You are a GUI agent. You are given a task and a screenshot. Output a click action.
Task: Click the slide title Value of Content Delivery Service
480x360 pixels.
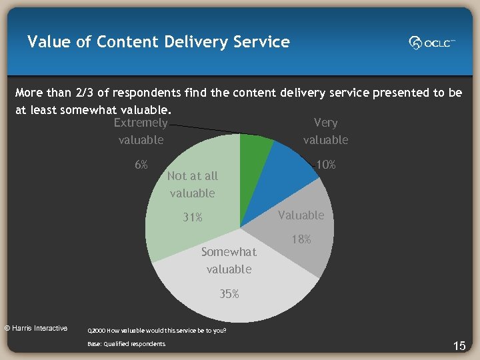pos(159,42)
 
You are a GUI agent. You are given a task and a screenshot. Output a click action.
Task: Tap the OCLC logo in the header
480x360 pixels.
pos(432,43)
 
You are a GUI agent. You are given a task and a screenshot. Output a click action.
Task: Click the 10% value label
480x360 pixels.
pos(325,165)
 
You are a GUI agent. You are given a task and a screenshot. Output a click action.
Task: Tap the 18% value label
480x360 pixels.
pos(301,239)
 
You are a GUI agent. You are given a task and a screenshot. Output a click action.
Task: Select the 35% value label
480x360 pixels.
pos(229,293)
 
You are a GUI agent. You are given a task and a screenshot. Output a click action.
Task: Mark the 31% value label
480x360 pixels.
pos(193,217)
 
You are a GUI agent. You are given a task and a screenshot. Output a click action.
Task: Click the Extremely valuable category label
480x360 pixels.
pos(141,131)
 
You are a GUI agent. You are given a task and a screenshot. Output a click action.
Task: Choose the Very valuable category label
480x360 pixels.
pos(325,131)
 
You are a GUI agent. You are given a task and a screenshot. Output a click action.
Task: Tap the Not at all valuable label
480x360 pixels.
pos(192,185)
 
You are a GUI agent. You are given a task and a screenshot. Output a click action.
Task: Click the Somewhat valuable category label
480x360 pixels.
pos(229,261)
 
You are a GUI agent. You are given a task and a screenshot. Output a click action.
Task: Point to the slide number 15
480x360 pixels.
pos(459,345)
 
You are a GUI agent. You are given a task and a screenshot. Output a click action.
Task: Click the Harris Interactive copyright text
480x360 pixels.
pos(36,328)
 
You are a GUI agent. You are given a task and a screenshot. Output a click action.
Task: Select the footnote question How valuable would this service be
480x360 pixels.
pos(157,330)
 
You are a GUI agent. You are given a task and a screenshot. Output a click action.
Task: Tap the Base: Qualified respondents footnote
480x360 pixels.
pos(126,344)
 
